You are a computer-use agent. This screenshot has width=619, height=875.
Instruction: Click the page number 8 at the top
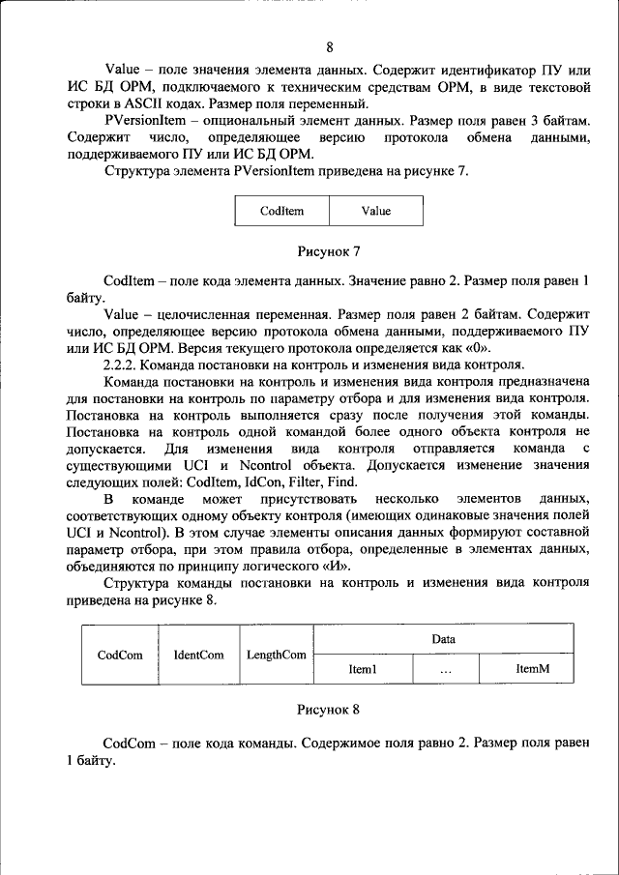tap(329, 47)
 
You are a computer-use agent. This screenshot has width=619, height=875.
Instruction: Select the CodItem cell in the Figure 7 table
tap(281, 211)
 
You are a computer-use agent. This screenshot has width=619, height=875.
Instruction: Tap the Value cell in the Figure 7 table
tap(376, 211)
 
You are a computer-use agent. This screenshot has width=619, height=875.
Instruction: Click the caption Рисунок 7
tap(328, 251)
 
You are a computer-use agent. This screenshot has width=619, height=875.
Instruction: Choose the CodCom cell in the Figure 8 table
tap(120, 655)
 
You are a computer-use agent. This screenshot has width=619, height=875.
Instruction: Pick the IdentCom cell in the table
tap(198, 655)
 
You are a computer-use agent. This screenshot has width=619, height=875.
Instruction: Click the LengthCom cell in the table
tap(276, 655)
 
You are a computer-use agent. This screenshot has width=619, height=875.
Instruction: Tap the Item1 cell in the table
tap(362, 669)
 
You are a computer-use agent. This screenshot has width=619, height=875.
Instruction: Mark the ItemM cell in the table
tap(532, 669)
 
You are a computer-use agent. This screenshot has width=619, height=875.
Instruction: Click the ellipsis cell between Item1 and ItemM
tap(445, 669)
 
